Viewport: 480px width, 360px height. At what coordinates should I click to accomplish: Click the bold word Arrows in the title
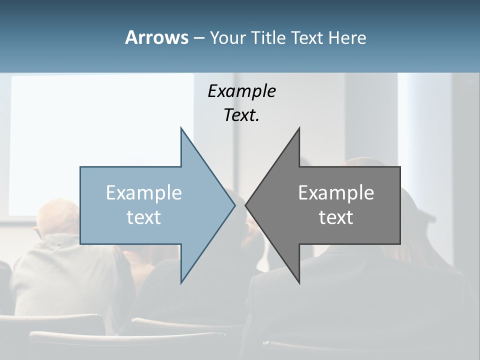[156, 37]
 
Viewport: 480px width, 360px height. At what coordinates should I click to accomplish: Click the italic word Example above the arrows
[241, 91]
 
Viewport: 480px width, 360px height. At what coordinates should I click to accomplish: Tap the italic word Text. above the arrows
[241, 115]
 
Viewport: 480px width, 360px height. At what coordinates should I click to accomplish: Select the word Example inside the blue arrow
[144, 193]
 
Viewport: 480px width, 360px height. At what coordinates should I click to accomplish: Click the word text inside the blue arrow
[144, 217]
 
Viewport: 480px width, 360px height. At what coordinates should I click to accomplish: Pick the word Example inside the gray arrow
[336, 193]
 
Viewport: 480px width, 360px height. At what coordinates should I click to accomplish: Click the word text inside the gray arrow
[336, 217]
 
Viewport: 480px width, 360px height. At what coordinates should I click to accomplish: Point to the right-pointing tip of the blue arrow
[234, 205]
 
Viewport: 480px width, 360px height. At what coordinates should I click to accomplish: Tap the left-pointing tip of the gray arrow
[246, 205]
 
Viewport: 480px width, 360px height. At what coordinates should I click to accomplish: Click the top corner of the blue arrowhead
[181, 128]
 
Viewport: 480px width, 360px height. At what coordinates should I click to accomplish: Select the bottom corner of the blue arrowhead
[181, 282]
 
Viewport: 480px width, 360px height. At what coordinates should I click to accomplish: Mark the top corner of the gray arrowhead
[299, 128]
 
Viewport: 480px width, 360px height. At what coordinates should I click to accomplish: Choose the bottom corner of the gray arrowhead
[299, 282]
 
